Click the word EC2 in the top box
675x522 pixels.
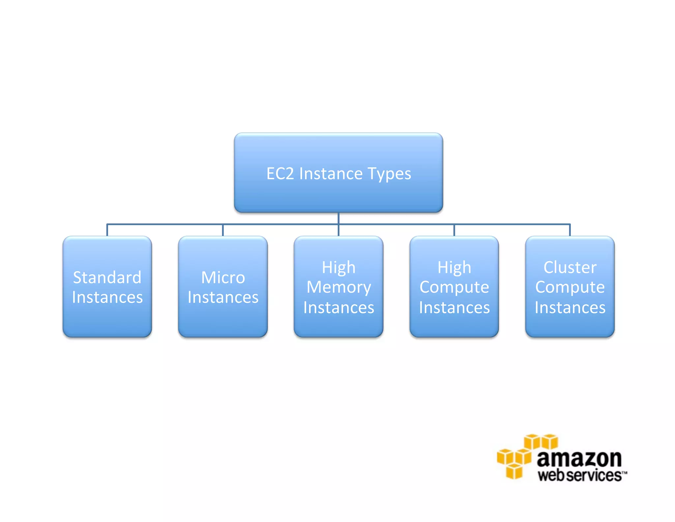pyautogui.click(x=280, y=174)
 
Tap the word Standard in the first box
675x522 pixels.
pyautogui.click(x=107, y=277)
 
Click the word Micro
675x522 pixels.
pyautogui.click(x=223, y=277)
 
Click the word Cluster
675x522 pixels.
pyautogui.click(x=570, y=267)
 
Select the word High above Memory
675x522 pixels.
pyautogui.click(x=338, y=267)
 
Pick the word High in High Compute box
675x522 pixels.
pyautogui.click(x=454, y=267)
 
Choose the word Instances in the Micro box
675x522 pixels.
pyautogui.click(x=223, y=297)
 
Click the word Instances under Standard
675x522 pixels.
pyautogui.click(x=107, y=297)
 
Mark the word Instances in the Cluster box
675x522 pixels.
pyautogui.click(x=570, y=308)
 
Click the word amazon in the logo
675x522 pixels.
pyautogui.click(x=579, y=459)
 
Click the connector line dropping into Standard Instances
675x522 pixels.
pyautogui.click(x=107, y=230)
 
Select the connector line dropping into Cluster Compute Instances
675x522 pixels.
pyautogui.click(x=570, y=230)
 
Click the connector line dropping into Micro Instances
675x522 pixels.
pyautogui.click(x=223, y=230)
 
